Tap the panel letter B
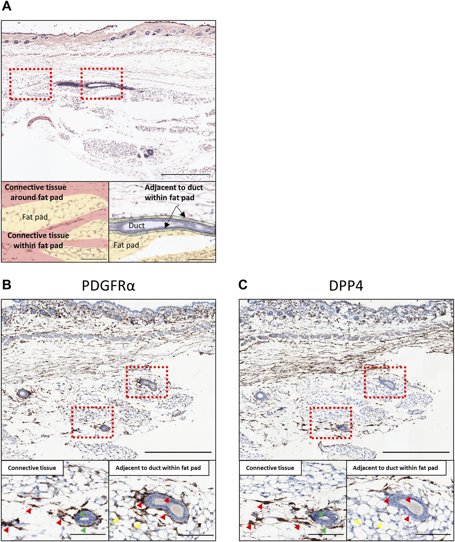pos(6,285)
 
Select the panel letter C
pos(243,285)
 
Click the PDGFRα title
pos(108,286)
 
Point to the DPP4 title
pos(346,286)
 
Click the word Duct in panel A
pos(137,226)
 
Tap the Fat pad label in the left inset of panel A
pos(35,217)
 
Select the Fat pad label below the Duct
pos(126,245)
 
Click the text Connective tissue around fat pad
pos(36,192)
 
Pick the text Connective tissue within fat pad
pos(38,240)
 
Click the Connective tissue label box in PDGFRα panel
pos(32,468)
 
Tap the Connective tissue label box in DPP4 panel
pos(270,468)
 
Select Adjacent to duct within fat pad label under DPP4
pos(395,468)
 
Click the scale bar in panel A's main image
pos(185,175)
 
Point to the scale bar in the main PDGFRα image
pos(178,452)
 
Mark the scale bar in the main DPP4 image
pos(416,452)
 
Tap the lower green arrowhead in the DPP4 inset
pos(323,530)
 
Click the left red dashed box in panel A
pos(31,84)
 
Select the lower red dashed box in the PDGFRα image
pos(92,422)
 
